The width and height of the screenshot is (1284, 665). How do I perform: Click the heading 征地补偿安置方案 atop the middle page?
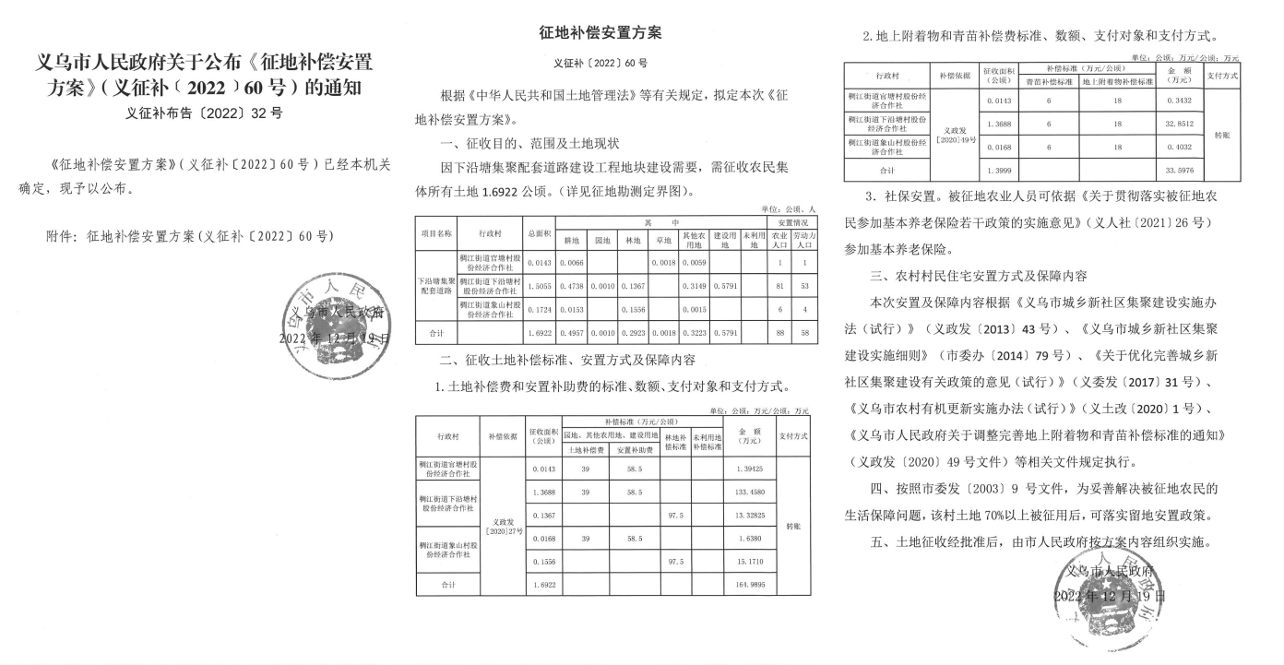click(x=600, y=33)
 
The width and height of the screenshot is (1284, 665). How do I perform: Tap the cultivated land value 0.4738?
click(x=572, y=287)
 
